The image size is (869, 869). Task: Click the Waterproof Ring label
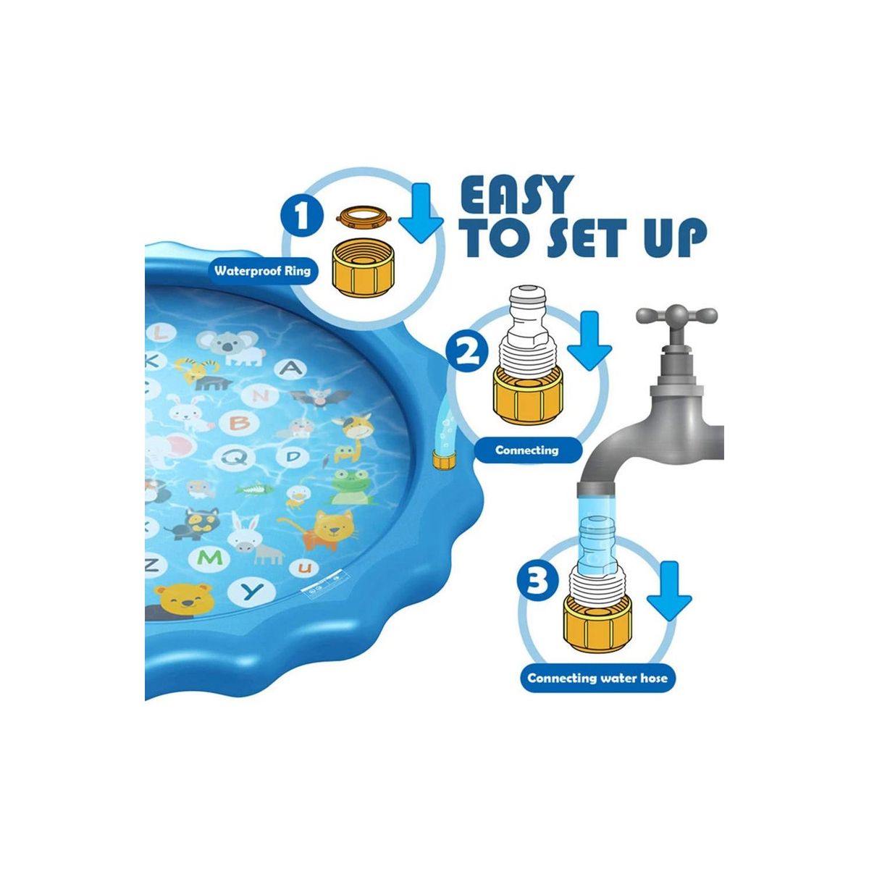[262, 271]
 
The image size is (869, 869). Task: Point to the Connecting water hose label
[597, 690]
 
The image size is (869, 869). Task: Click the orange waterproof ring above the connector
[364, 217]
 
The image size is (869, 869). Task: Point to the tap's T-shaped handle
[676, 318]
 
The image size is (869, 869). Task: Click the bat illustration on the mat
[320, 397]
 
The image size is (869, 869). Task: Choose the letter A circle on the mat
[293, 368]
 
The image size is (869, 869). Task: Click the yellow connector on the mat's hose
[443, 461]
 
